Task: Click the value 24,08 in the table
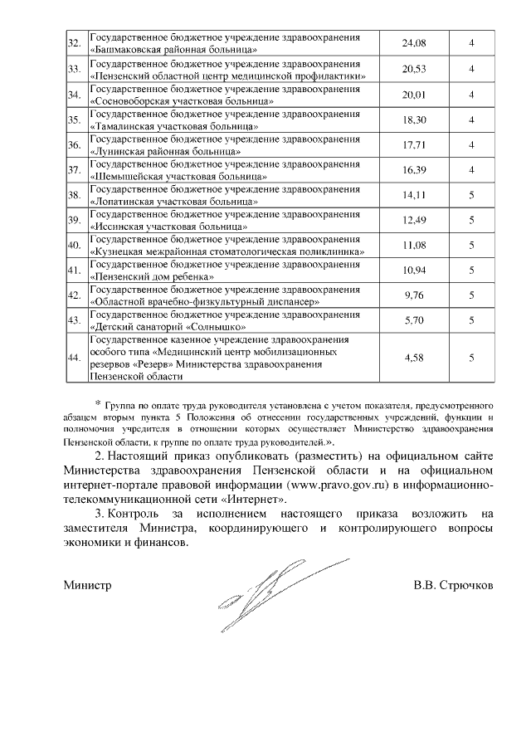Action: pos(413,43)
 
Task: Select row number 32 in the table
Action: pos(73,44)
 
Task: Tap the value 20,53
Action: pos(413,69)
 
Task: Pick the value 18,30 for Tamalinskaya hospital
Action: pos(413,119)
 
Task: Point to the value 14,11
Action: pos(413,196)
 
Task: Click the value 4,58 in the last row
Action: pos(413,358)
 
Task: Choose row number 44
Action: pos(73,358)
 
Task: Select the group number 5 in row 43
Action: pos(471,320)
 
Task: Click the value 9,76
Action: pos(413,295)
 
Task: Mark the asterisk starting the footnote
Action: pos(97,402)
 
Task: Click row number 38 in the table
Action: pos(73,196)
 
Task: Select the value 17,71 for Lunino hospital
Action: pos(413,145)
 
